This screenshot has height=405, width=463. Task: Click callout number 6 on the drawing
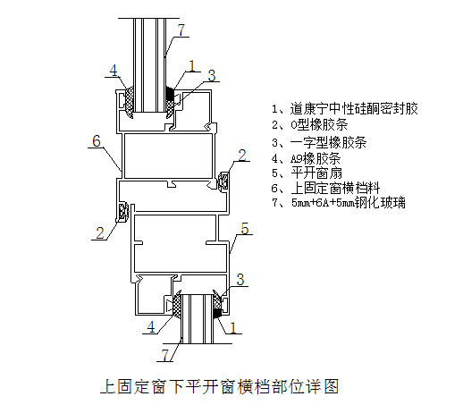97,140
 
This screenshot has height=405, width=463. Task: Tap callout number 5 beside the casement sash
245,229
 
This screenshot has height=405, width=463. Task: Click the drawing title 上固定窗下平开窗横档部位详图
220,386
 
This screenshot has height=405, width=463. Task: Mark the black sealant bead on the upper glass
170,93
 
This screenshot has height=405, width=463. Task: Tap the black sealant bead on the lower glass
217,313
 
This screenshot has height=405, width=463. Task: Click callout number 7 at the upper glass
181,30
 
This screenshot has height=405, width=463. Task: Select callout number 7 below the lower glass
165,355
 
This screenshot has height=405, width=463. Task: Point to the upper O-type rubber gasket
223,181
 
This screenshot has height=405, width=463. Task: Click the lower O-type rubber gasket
122,212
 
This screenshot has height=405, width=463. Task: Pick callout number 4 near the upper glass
114,71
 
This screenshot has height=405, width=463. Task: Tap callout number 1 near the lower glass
233,327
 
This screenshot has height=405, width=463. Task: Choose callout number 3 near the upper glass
212,75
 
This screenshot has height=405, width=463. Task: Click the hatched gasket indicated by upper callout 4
129,101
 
